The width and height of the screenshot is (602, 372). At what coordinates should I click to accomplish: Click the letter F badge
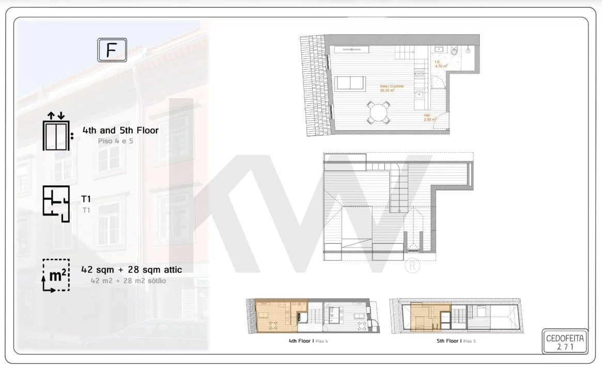112,50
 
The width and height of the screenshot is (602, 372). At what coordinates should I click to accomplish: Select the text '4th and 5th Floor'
120,130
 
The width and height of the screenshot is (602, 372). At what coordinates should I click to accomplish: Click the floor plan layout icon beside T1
56,204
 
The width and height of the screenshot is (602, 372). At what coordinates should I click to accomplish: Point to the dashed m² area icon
56,275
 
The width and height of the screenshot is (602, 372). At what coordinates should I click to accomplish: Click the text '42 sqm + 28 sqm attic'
132,270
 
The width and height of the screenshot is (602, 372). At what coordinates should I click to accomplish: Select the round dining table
379,112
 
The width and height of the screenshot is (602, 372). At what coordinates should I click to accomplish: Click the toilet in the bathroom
454,51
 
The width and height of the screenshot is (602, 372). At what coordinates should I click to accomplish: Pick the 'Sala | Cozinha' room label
391,88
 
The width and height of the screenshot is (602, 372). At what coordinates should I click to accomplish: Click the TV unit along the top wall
351,49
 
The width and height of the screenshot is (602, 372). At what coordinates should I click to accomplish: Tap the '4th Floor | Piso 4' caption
308,342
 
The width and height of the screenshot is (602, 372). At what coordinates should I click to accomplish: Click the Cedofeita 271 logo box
565,342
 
